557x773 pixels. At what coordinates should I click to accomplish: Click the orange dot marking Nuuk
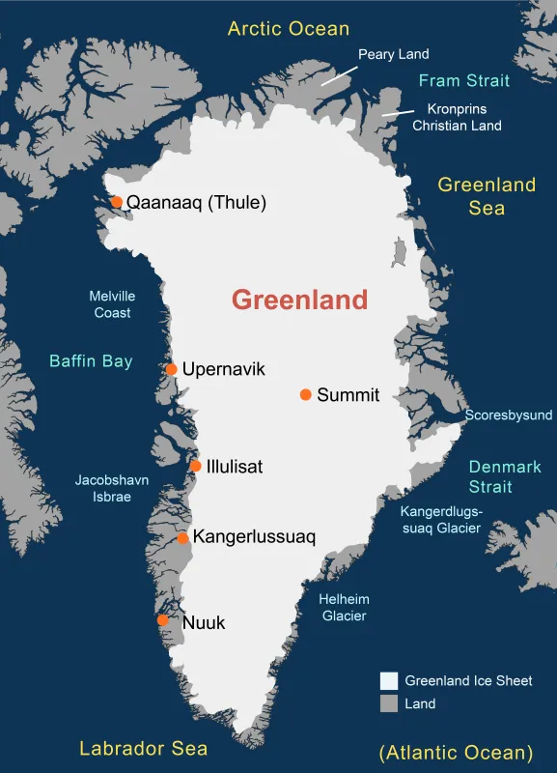tap(162, 620)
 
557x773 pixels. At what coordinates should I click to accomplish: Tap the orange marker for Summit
tap(306, 394)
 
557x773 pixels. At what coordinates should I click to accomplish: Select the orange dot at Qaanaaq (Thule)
tap(117, 202)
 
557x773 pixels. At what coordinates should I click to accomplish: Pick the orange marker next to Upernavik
tap(171, 369)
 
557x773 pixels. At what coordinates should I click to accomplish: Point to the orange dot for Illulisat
tap(196, 466)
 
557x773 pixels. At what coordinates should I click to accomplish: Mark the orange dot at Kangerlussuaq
tap(182, 537)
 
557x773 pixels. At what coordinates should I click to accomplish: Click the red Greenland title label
tap(299, 300)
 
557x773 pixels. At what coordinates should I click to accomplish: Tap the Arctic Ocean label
tap(289, 28)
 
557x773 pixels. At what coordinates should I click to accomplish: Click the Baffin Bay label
tap(91, 361)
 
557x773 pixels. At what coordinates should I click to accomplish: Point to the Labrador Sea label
tap(143, 748)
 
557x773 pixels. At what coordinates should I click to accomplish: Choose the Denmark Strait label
tap(505, 476)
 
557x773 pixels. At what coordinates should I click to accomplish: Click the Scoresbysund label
tap(509, 415)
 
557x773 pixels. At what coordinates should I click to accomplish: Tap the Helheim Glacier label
tap(343, 607)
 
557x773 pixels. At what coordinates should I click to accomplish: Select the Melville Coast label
tap(112, 304)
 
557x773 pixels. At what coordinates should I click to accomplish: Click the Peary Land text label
tap(393, 54)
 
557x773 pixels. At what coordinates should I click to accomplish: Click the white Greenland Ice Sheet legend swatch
tap(388, 680)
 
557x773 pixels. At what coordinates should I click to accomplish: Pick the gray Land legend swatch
tap(388, 703)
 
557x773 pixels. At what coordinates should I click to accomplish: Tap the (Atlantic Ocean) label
tap(456, 752)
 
